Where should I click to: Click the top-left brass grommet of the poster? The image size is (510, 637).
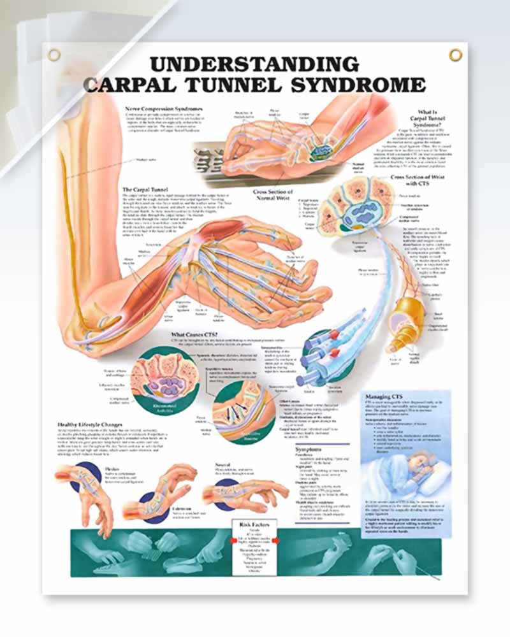[x=54, y=55]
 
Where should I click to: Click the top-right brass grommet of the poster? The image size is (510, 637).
[x=455, y=55]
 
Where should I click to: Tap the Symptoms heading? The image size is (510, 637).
[x=312, y=449]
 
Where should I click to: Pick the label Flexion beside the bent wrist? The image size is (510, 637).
[x=111, y=468]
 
